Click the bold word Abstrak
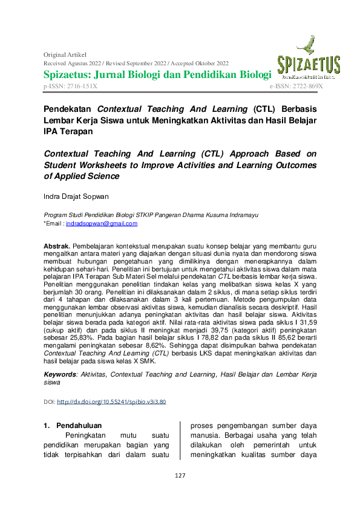click(x=57, y=247)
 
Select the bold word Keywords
click(x=60, y=375)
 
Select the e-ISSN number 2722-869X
click(x=309, y=87)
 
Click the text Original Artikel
click(x=64, y=54)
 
